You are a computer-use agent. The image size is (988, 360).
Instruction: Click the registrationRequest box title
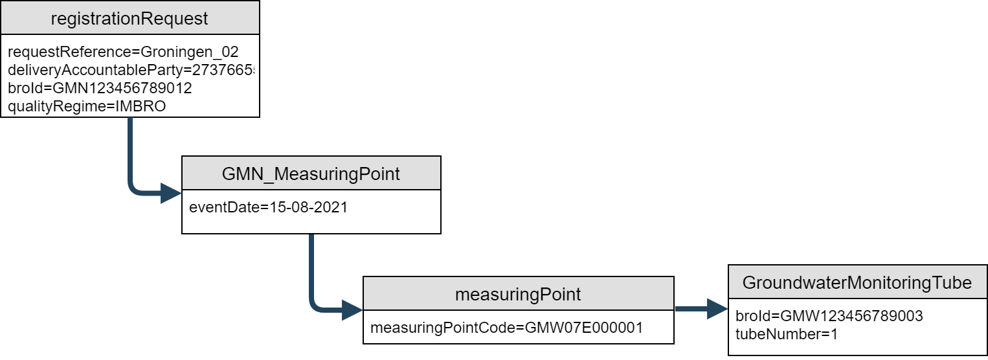pyautogui.click(x=129, y=18)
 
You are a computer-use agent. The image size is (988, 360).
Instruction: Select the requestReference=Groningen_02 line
pyautogui.click(x=123, y=52)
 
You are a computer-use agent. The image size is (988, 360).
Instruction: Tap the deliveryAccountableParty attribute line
pyautogui.click(x=130, y=70)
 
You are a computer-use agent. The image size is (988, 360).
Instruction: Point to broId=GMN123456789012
pyautogui.click(x=100, y=87)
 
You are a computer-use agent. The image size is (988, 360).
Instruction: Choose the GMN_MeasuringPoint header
pyautogui.click(x=311, y=174)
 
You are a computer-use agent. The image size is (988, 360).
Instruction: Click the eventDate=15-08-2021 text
pyautogui.click(x=268, y=208)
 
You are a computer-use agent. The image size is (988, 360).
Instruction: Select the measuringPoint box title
pyautogui.click(x=518, y=295)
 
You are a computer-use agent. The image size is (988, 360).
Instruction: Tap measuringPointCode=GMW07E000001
pyautogui.click(x=506, y=328)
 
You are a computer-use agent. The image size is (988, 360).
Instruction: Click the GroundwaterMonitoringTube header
pyautogui.click(x=857, y=282)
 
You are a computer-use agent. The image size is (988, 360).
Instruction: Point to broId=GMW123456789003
pyautogui.click(x=829, y=316)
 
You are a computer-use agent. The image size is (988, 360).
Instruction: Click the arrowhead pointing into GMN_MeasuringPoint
pyautogui.click(x=171, y=193)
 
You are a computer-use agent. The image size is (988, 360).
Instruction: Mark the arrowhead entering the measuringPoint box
pyautogui.click(x=352, y=309)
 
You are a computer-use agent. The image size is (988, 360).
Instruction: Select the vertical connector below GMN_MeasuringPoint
pyautogui.click(x=311, y=265)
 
